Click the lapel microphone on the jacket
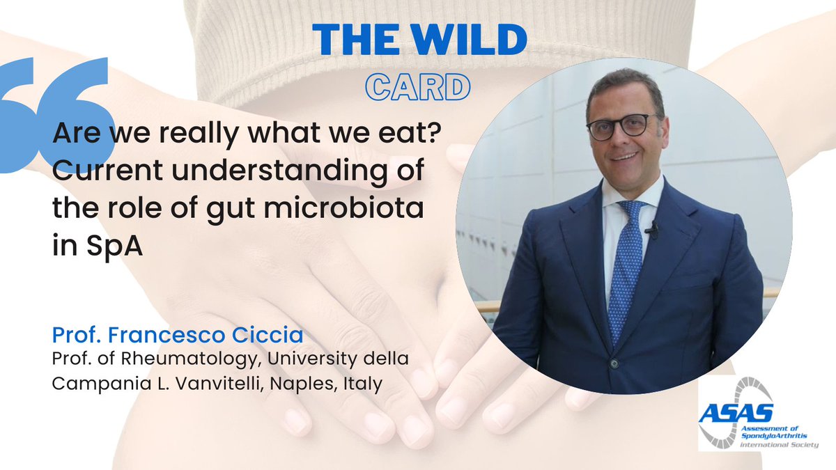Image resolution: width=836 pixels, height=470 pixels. (652, 230)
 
